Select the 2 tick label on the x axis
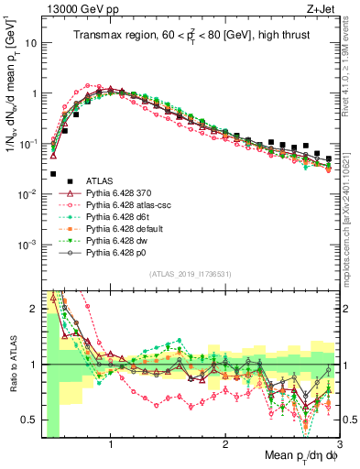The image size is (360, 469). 225,446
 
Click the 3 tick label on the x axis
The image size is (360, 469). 339,446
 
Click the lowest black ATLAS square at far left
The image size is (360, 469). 53,173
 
